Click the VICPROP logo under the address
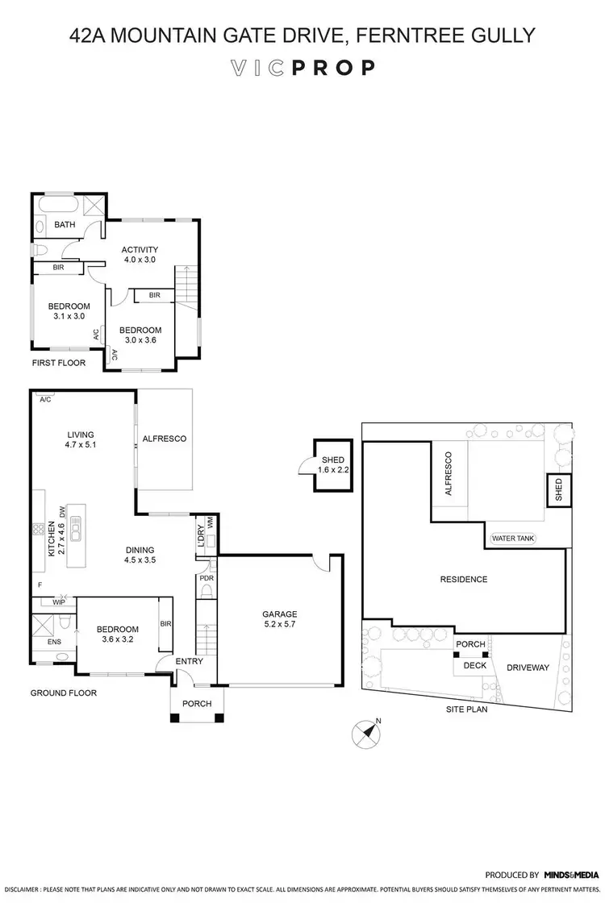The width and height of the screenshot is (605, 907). coord(302,68)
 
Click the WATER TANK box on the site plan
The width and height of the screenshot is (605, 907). coord(512,539)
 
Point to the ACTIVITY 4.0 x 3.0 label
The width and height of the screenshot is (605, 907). coord(139,254)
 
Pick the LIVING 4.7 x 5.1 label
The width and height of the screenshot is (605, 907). coord(81,439)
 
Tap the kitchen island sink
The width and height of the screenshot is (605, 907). coord(76,532)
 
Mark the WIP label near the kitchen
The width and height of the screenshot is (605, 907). coord(58,601)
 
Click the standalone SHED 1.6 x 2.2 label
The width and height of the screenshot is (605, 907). coord(331,464)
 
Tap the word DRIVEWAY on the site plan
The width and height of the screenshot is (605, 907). coord(528,668)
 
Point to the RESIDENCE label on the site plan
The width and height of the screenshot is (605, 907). coord(463,579)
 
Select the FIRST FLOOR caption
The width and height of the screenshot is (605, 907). coord(58,363)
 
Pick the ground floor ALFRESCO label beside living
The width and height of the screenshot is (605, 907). coord(165,439)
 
